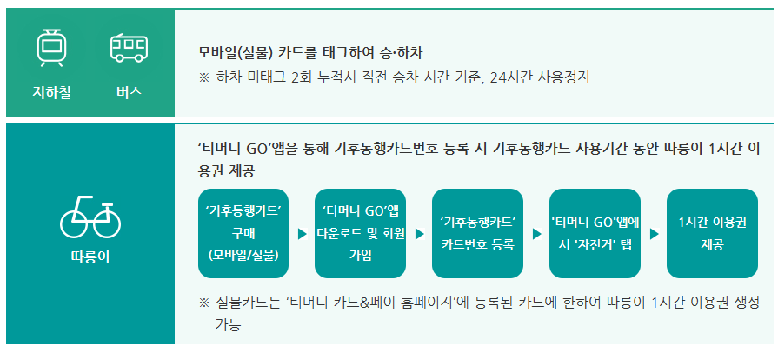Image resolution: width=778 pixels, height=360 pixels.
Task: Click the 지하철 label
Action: coord(51,91)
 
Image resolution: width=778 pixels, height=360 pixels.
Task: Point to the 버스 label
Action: coord(129,91)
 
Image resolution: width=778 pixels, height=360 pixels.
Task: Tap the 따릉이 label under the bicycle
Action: coord(90,257)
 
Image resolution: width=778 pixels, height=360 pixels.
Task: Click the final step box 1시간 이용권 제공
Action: coord(711,233)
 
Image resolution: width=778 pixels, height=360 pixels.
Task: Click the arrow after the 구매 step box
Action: coord(302,234)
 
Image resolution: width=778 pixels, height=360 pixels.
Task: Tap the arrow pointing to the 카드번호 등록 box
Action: coord(419,234)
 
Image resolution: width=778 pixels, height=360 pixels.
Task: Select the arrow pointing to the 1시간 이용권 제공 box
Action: coord(654,234)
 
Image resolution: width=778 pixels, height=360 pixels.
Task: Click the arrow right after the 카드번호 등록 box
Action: coord(536,234)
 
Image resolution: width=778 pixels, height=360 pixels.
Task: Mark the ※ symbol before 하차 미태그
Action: coord(204,77)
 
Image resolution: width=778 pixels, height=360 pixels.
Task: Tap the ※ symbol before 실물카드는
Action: coord(204,303)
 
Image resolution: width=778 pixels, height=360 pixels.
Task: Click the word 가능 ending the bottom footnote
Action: coord(227,325)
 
